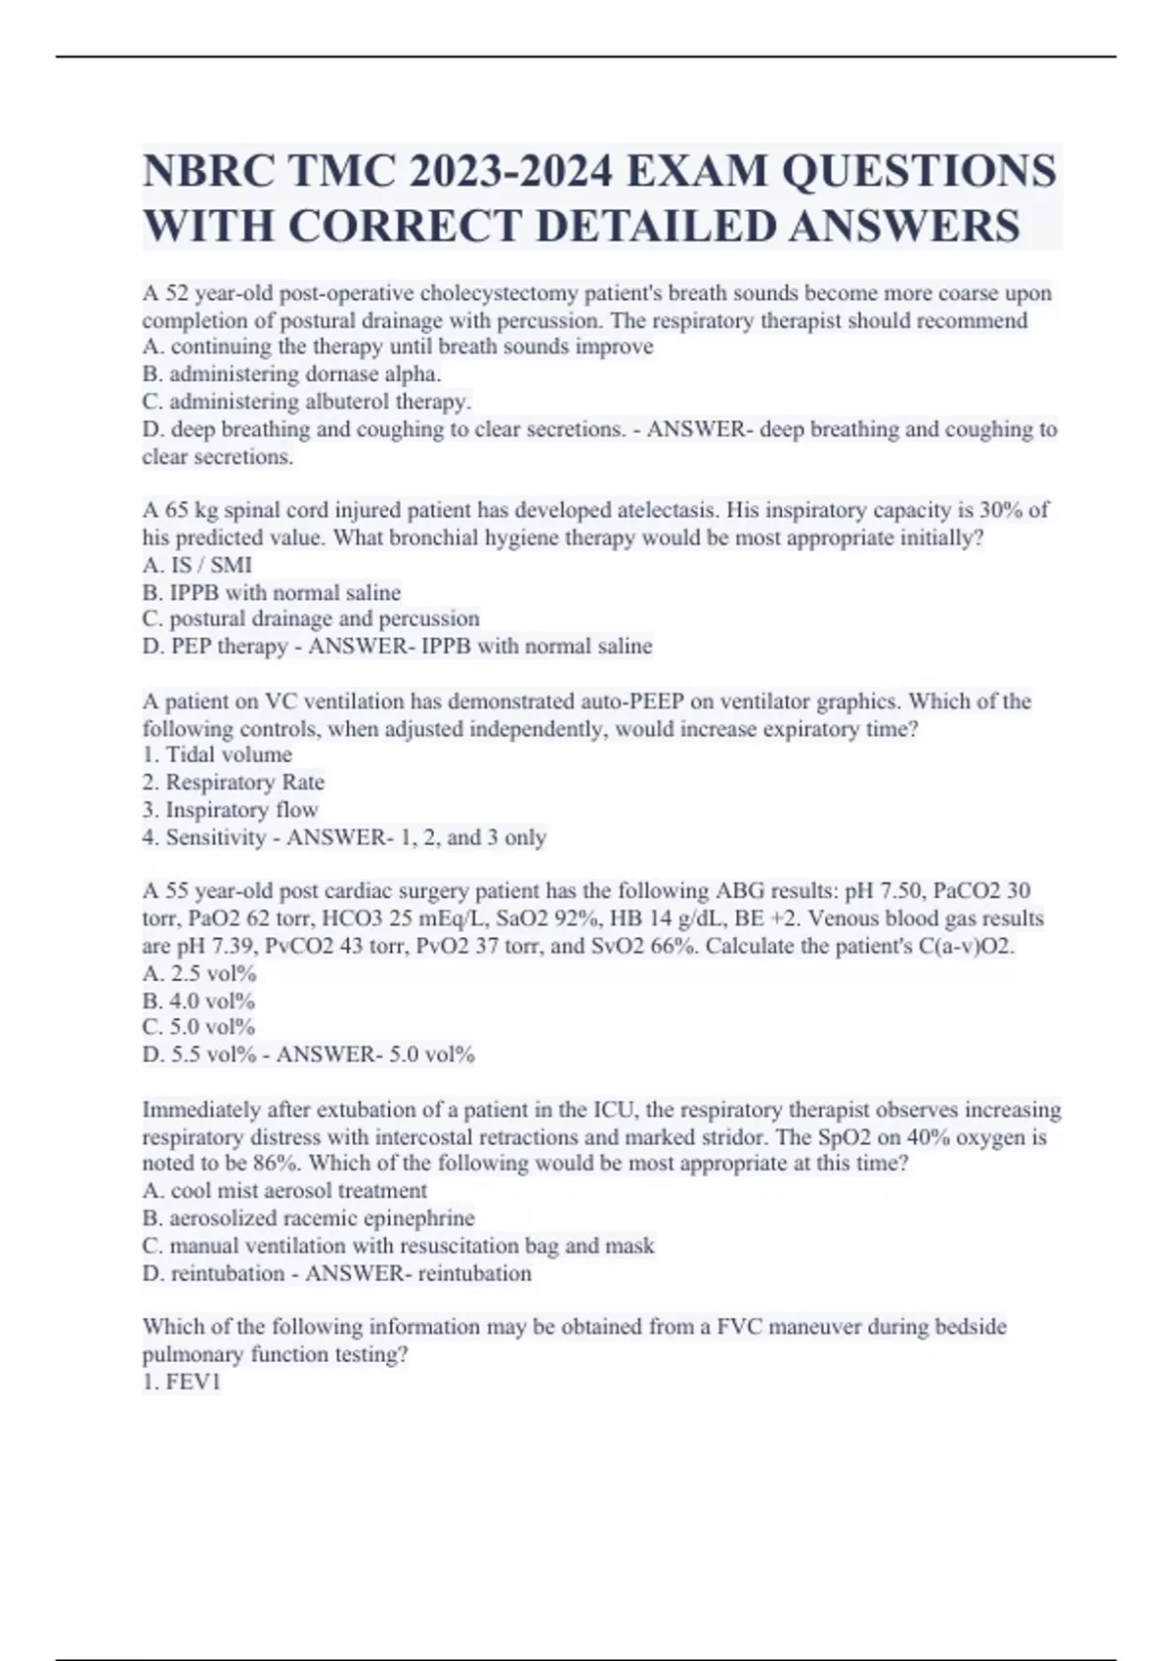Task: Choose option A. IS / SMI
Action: click(x=197, y=565)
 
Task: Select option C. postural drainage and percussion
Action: click(x=311, y=618)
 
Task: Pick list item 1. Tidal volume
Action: click(x=217, y=754)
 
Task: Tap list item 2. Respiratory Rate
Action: click(x=234, y=783)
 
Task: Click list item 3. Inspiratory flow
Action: click(x=231, y=810)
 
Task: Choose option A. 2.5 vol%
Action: click(x=199, y=973)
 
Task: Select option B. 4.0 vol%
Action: click(x=198, y=1001)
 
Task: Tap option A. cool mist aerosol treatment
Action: click(x=284, y=1191)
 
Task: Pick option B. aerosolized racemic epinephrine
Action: click(x=308, y=1218)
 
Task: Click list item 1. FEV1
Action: click(x=182, y=1382)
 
